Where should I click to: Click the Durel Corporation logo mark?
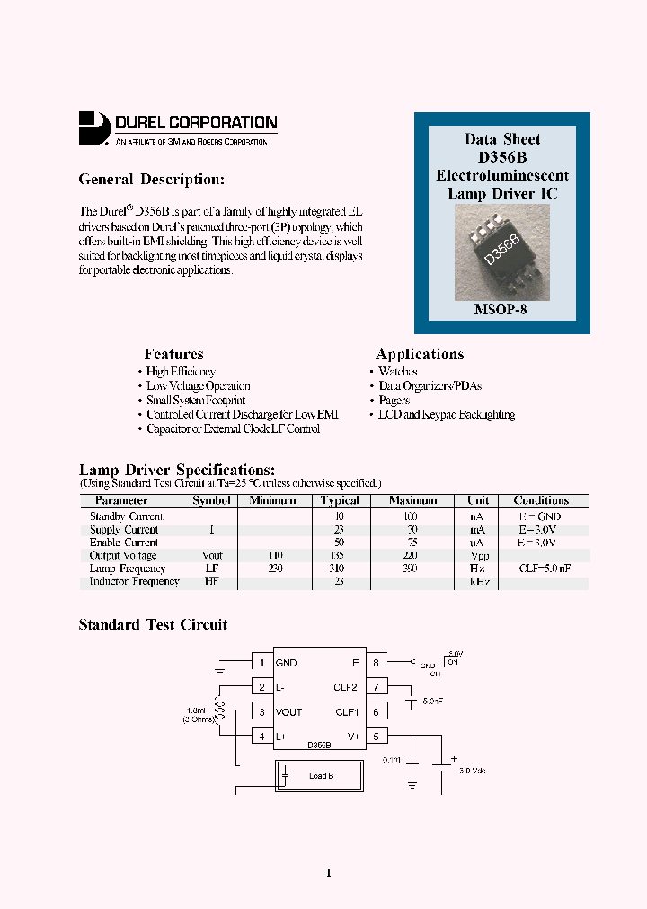click(93, 128)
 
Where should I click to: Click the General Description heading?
click(151, 180)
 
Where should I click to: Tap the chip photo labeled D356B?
click(501, 251)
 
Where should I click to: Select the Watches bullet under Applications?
click(397, 372)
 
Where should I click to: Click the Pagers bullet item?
click(394, 401)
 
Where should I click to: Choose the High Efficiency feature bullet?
click(181, 372)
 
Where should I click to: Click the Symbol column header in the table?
click(211, 501)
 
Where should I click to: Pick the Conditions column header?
click(541, 501)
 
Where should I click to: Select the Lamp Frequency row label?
click(128, 569)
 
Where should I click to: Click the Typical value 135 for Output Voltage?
click(340, 556)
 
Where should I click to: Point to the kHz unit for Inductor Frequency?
click(478, 582)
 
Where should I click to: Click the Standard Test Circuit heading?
click(153, 625)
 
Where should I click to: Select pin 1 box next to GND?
click(261, 663)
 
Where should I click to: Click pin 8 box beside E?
click(377, 663)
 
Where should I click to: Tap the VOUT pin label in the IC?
click(288, 712)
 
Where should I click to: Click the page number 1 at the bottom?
click(328, 873)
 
